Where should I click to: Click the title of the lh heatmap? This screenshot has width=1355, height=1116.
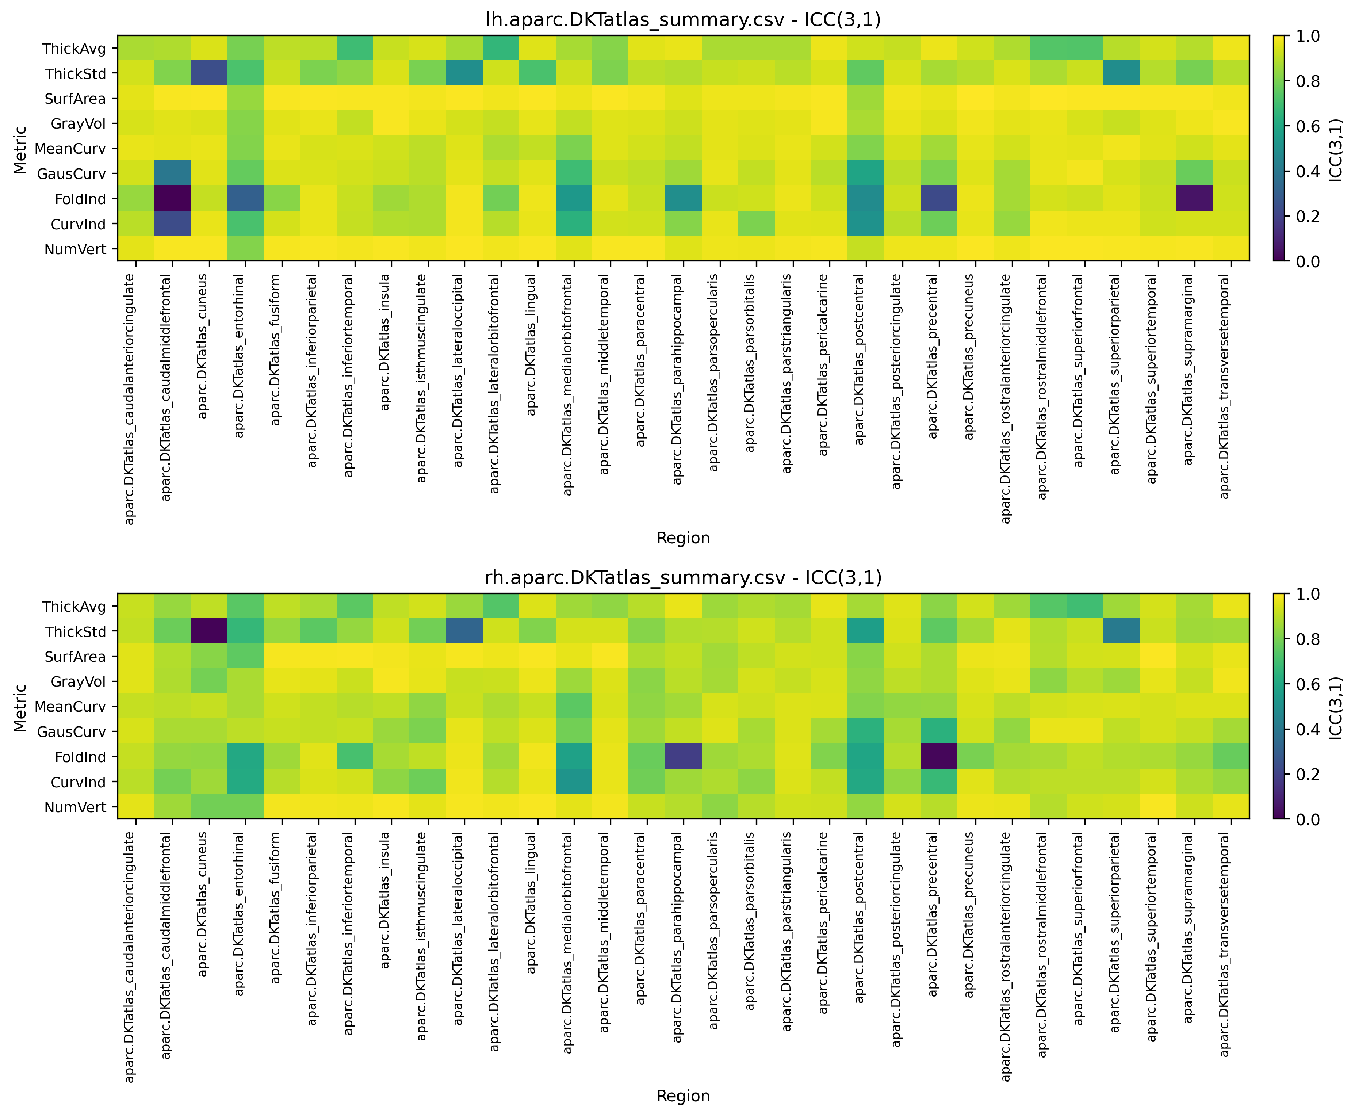[x=683, y=20]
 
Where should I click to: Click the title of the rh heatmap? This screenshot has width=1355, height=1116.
[x=683, y=578]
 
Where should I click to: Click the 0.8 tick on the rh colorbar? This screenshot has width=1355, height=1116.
[x=1307, y=639]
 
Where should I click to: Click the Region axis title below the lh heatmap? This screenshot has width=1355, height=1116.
[x=683, y=538]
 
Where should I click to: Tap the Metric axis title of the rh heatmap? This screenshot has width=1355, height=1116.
[x=21, y=707]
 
